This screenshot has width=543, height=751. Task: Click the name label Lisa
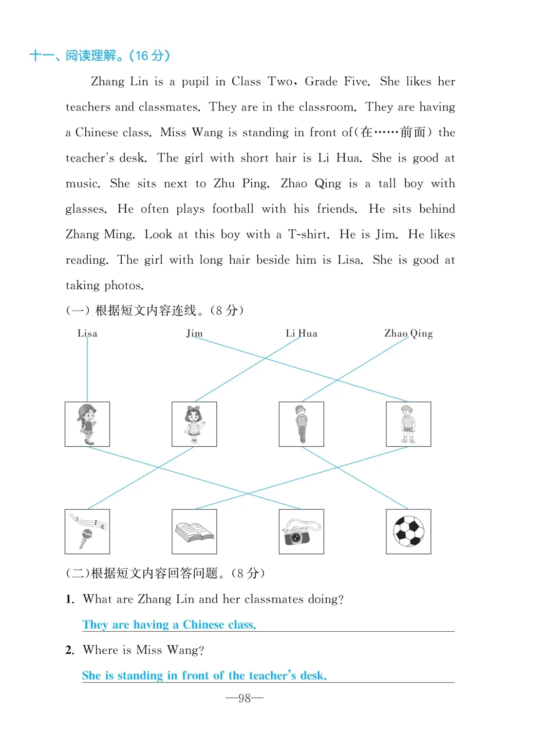click(x=87, y=333)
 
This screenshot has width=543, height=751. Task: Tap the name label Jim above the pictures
click(x=194, y=333)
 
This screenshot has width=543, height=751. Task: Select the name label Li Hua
click(x=301, y=333)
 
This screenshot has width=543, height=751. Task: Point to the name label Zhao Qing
click(x=408, y=333)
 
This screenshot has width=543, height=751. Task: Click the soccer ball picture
click(x=408, y=531)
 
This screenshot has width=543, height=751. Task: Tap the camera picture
click(x=301, y=531)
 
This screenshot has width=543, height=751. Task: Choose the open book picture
click(x=194, y=531)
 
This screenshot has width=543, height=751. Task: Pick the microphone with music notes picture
click(x=87, y=531)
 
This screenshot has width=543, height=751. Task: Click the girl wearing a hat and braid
click(x=87, y=424)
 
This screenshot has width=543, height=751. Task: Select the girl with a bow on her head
click(x=194, y=424)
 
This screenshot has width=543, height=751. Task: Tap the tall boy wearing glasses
click(x=301, y=424)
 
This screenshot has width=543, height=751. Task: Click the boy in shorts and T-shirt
click(x=408, y=424)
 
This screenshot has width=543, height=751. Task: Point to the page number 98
click(x=244, y=698)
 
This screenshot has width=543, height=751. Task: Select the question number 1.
click(x=70, y=599)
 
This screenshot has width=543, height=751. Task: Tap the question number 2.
click(x=70, y=650)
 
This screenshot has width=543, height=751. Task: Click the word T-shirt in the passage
click(x=308, y=235)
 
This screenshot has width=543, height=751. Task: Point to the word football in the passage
click(x=233, y=209)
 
